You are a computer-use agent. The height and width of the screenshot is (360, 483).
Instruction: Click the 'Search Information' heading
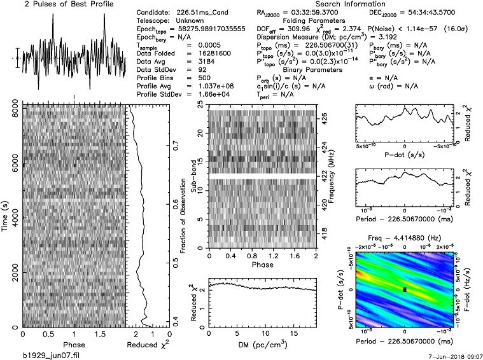tap(297, 4)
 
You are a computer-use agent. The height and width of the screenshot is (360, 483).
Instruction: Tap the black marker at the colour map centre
tap(405, 289)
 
